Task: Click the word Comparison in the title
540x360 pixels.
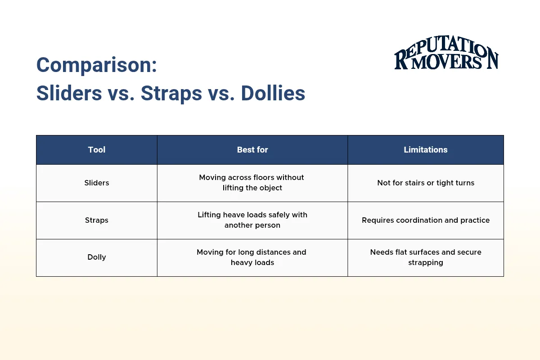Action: pos(96,65)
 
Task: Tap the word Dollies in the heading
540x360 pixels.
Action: pos(273,93)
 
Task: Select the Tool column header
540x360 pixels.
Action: pos(97,150)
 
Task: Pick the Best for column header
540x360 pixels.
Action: pos(252,150)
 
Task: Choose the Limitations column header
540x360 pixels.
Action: pos(426,150)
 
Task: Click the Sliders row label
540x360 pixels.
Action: pos(97,183)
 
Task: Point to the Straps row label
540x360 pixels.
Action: pos(97,220)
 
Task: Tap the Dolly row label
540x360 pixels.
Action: pos(97,257)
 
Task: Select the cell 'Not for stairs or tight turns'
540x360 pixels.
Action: pos(426,183)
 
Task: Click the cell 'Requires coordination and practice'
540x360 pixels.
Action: pos(426,220)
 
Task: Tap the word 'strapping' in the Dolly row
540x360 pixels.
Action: pos(426,262)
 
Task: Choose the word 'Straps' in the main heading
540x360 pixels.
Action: pos(171,93)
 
